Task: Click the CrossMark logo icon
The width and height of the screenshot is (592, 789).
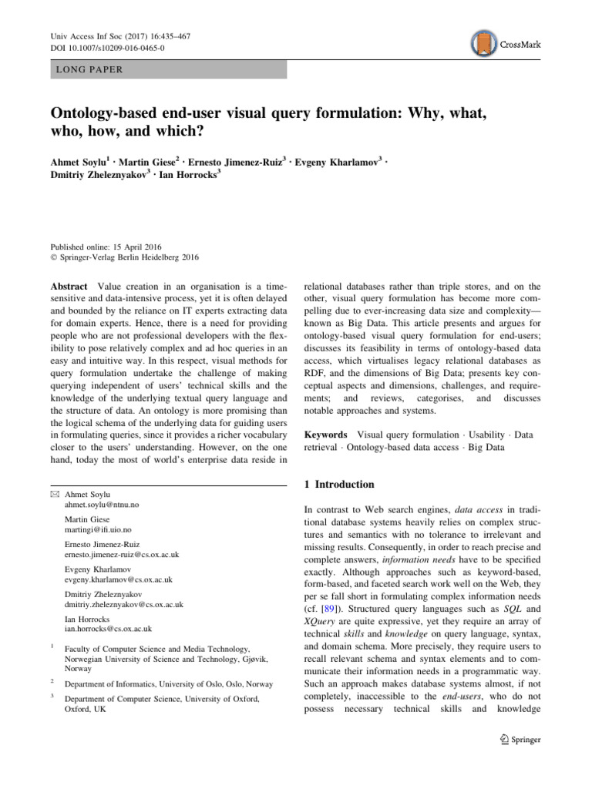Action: pyautogui.click(x=482, y=45)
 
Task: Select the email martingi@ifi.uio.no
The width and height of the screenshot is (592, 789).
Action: pyautogui.click(x=98, y=530)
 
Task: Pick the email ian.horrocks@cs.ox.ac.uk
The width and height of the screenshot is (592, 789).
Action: pyautogui.click(x=108, y=629)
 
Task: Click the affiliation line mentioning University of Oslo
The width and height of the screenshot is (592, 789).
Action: pyautogui.click(x=169, y=683)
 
